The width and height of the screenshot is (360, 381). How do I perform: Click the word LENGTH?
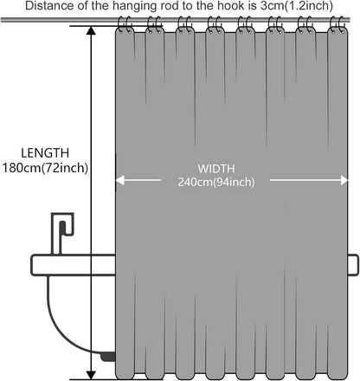[x=45, y=152]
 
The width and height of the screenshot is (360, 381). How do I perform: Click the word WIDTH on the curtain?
[x=216, y=169]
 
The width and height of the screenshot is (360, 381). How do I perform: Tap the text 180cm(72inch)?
[x=45, y=168]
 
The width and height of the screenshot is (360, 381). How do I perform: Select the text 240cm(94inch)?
[x=216, y=182]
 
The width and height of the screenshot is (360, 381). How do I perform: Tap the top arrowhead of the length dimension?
[x=91, y=30]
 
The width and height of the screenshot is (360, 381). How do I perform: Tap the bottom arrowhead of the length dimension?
[x=91, y=375]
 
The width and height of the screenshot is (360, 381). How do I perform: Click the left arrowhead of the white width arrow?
[x=119, y=180]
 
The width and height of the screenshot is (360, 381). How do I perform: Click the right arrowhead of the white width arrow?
[x=344, y=180]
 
